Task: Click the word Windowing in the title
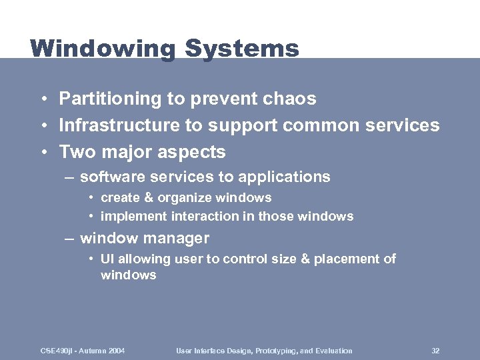point(103,49)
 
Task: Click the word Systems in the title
point(242,49)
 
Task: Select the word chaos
point(289,99)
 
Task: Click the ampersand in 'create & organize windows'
point(145,198)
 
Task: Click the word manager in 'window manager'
point(179,238)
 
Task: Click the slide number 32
point(435,351)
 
